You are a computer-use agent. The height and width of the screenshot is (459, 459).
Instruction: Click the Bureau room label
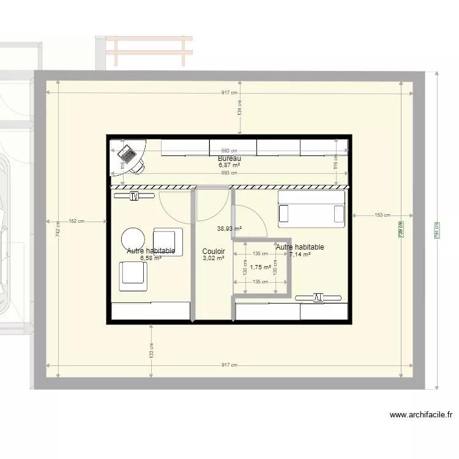pyautogui.click(x=229, y=159)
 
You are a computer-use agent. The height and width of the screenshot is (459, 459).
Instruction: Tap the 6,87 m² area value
pyautogui.click(x=229, y=165)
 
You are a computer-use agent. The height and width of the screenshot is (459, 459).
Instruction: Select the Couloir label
pyautogui.click(x=214, y=252)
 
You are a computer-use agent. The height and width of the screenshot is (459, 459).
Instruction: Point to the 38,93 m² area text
pyautogui.click(x=229, y=228)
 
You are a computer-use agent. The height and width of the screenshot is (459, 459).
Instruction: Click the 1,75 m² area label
pyautogui.click(x=260, y=267)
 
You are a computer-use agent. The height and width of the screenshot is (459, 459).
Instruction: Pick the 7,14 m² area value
pyautogui.click(x=300, y=255)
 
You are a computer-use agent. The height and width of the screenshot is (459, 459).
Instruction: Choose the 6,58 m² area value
pyautogui.click(x=151, y=258)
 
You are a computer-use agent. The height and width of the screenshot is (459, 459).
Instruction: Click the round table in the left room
pyautogui.click(x=133, y=239)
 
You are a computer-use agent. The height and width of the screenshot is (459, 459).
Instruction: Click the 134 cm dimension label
pyautogui.click(x=241, y=108)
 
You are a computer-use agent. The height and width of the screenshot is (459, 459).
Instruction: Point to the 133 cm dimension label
pyautogui.click(x=151, y=351)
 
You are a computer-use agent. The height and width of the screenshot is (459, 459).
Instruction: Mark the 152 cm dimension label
pyautogui.click(x=76, y=221)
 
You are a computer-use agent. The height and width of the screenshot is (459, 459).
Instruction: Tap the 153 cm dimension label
pyautogui.click(x=382, y=215)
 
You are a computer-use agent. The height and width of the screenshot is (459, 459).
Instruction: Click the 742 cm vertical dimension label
pyautogui.click(x=58, y=229)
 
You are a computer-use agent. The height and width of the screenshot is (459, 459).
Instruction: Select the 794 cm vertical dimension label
pyautogui.click(x=437, y=229)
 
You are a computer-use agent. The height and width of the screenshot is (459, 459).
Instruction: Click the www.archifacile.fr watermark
pyautogui.click(x=421, y=415)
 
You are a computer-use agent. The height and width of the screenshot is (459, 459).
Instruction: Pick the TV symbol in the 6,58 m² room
pyautogui.click(x=135, y=196)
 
